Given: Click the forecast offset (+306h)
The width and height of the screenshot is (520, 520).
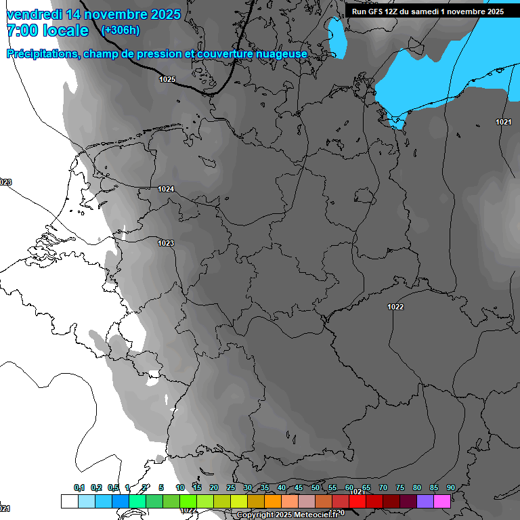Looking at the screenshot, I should click(x=120, y=30).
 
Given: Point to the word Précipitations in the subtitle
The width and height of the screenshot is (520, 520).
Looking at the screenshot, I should click(x=43, y=53).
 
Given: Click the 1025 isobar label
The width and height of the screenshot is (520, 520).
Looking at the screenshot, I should click(x=167, y=79).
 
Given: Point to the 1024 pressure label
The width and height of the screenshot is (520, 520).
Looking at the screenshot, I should click(x=166, y=189).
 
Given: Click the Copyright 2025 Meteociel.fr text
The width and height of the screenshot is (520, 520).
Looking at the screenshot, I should click(x=286, y=515).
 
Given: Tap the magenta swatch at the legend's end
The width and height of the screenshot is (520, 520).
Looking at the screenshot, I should click(x=442, y=501).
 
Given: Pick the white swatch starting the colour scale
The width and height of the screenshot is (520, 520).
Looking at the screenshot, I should click(x=69, y=501).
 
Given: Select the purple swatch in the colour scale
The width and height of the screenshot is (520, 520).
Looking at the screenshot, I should click(x=425, y=501).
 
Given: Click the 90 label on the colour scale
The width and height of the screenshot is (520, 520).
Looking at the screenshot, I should click(x=450, y=487).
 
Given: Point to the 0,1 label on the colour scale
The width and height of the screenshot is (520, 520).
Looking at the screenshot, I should click(x=79, y=487).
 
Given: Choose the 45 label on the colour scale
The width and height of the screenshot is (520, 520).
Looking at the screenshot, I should click(x=299, y=487).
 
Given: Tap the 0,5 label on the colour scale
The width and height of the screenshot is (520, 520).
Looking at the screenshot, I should click(x=113, y=487).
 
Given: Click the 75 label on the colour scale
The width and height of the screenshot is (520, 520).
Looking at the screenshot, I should click(x=400, y=487).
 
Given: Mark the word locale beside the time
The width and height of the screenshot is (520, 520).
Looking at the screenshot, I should click(x=66, y=30).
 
